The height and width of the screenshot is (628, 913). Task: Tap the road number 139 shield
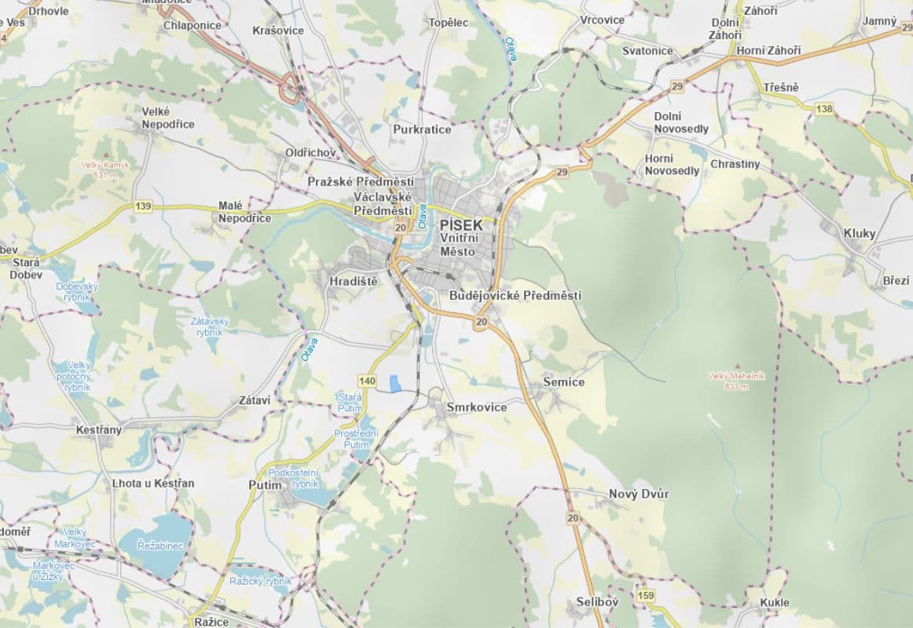click(143, 206)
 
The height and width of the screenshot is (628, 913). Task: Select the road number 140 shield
click(367, 381)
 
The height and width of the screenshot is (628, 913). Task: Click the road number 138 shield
click(824, 109)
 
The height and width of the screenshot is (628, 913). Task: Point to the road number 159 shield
click(646, 595)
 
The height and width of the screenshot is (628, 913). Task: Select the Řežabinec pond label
click(159, 545)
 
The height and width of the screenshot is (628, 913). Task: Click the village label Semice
click(564, 382)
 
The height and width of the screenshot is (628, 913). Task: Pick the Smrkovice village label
click(476, 407)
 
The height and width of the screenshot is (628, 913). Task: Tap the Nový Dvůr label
click(639, 494)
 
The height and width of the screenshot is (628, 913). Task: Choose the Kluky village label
click(860, 233)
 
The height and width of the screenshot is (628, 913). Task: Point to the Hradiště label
click(354, 281)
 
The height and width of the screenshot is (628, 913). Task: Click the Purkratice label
click(422, 129)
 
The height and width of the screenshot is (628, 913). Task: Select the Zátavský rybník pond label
click(209, 327)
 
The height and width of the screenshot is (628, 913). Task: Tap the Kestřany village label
click(99, 430)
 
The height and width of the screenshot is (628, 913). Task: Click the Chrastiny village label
click(735, 164)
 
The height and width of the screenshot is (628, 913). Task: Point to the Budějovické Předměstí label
click(515, 295)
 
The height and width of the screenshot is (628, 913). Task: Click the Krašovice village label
click(278, 30)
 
